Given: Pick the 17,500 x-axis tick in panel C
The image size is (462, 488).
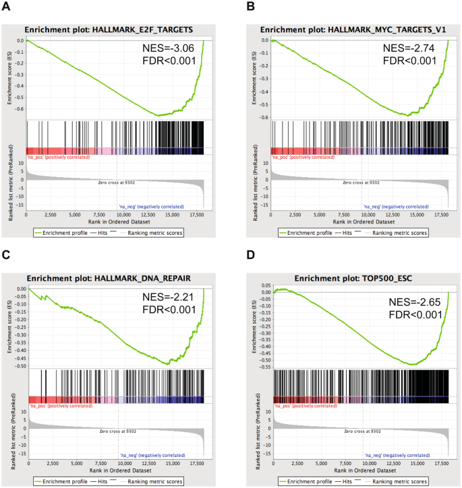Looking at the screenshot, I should pos(196,463).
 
